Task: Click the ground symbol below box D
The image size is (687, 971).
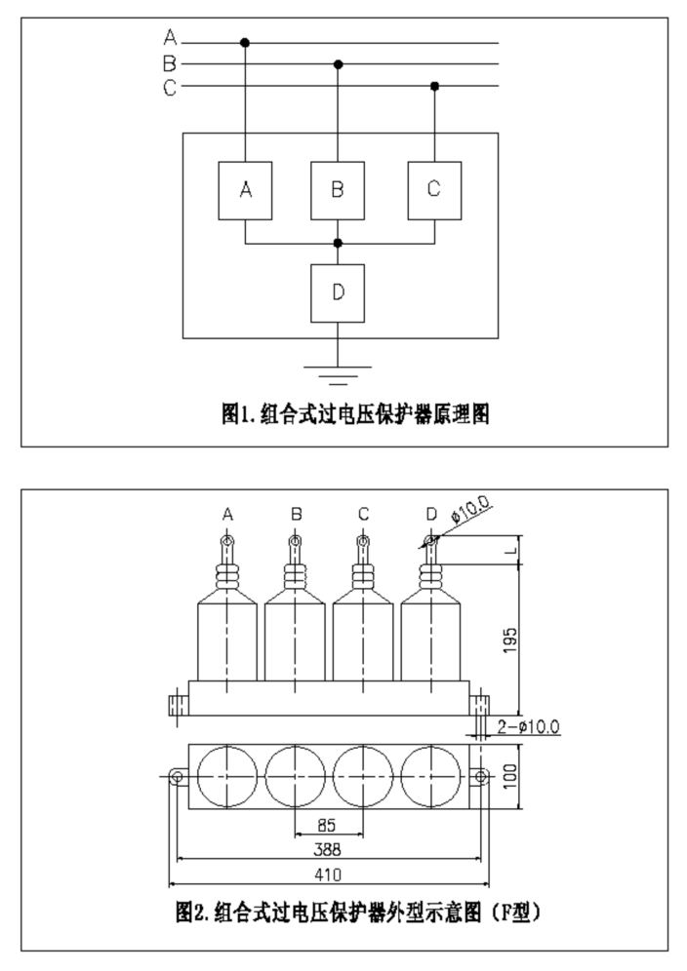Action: (338, 375)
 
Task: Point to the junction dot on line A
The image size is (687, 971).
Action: (245, 43)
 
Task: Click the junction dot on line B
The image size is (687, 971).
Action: (338, 63)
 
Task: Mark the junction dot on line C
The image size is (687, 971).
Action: (434, 86)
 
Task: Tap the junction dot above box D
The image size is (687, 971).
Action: (338, 243)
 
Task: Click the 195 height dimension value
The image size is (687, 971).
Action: (509, 641)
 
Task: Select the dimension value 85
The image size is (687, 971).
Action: (326, 826)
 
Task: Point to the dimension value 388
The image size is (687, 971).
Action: (327, 850)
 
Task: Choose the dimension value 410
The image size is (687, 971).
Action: (328, 875)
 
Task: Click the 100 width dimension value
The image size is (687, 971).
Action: (509, 776)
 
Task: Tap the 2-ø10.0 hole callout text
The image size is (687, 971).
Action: (528, 726)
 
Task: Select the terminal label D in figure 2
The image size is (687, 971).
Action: (431, 514)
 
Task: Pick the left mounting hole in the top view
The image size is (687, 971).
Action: (176, 776)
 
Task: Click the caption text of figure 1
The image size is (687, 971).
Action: (355, 413)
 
